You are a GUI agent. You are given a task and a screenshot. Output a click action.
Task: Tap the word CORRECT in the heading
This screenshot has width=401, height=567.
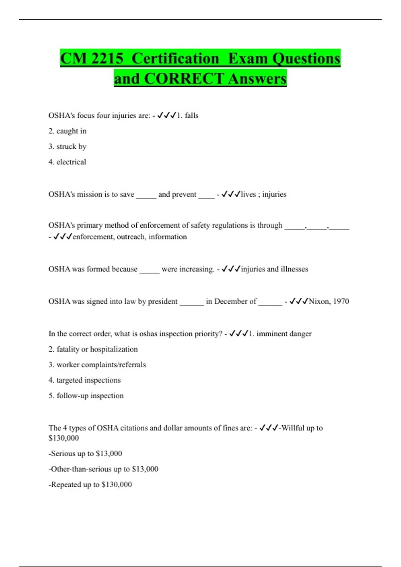(184, 79)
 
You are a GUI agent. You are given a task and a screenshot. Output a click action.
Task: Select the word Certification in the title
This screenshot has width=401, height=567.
(175, 59)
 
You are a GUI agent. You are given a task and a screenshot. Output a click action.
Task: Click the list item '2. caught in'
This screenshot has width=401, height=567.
(68, 131)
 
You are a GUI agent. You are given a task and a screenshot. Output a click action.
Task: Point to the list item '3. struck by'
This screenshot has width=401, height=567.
(68, 146)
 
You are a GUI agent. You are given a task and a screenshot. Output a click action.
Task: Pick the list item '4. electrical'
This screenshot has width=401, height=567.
(67, 162)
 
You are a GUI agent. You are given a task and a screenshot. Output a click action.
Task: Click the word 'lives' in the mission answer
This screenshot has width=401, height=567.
(248, 194)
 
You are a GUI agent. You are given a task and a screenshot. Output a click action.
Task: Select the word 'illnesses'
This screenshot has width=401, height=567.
(294, 269)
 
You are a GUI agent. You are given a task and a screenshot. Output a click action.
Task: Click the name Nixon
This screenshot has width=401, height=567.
(318, 302)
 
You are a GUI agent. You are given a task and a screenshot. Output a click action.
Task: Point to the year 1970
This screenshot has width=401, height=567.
(341, 302)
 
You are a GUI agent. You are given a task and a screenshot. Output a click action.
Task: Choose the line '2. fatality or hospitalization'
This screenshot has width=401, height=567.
(93, 349)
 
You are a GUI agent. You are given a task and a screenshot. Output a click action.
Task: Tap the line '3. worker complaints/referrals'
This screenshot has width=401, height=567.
(97, 365)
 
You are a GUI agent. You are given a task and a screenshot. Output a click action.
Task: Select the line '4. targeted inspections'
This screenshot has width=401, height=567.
(85, 380)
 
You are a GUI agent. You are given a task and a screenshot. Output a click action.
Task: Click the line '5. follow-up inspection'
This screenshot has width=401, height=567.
(86, 396)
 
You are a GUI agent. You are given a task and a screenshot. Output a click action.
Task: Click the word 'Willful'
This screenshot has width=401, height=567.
(293, 428)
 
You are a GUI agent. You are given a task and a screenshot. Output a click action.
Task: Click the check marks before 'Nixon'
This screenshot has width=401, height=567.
(299, 302)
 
